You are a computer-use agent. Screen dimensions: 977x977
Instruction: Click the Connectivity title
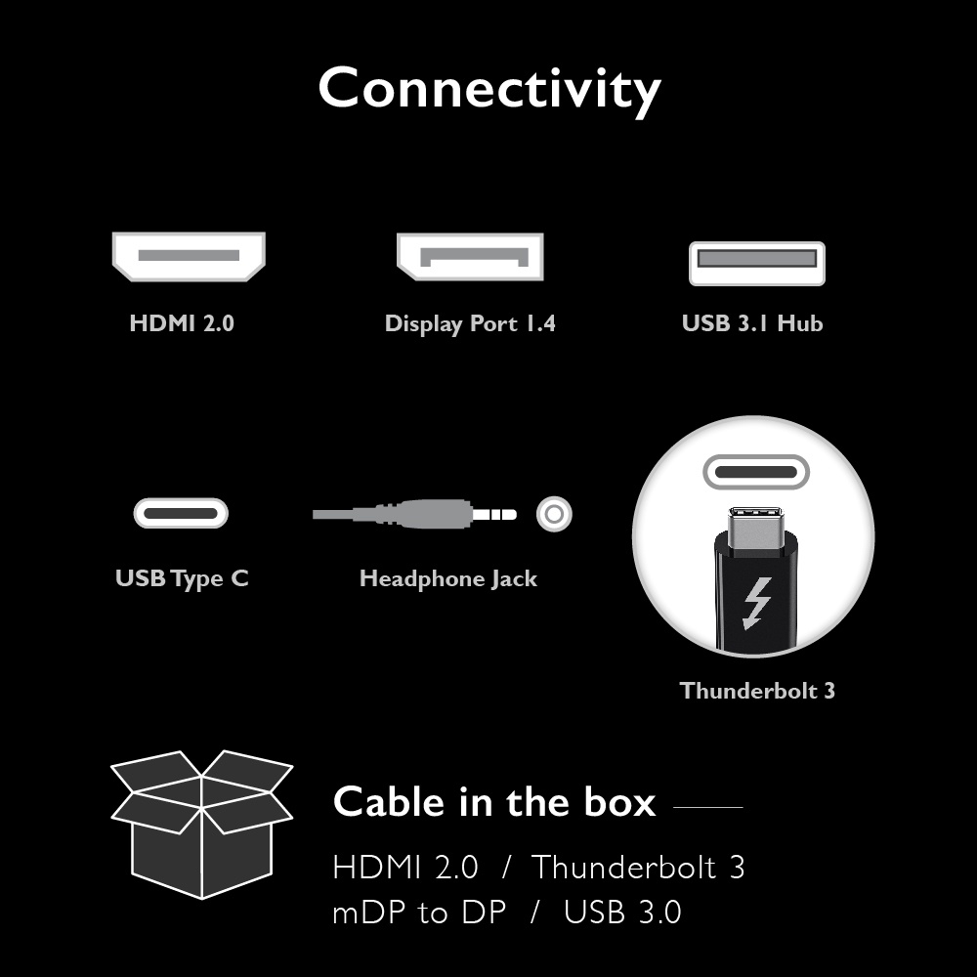(488, 89)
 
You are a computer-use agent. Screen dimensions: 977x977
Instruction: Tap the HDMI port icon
(189, 256)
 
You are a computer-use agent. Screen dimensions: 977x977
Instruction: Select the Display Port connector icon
(470, 257)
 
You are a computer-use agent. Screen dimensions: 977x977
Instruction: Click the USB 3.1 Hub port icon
(757, 263)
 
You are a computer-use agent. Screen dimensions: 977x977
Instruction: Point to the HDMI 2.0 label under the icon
(182, 323)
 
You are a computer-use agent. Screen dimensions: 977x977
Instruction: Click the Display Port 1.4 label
(470, 323)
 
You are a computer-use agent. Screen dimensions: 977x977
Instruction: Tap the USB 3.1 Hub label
(752, 323)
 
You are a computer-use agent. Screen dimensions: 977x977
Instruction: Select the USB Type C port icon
(181, 513)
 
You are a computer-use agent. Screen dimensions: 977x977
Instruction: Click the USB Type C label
(182, 578)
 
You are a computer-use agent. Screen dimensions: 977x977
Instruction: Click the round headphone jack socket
(554, 513)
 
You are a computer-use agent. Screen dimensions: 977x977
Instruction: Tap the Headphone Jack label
(448, 578)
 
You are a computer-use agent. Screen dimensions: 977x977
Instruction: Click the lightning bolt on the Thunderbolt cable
(757, 603)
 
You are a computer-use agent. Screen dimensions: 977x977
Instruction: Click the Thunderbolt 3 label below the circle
(757, 691)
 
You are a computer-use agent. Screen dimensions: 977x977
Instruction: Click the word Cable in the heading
(389, 802)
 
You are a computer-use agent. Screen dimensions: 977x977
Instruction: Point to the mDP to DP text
(419, 913)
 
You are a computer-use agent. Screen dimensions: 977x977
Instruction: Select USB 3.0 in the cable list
(622, 913)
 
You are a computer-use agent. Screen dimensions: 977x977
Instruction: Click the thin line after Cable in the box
(708, 807)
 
